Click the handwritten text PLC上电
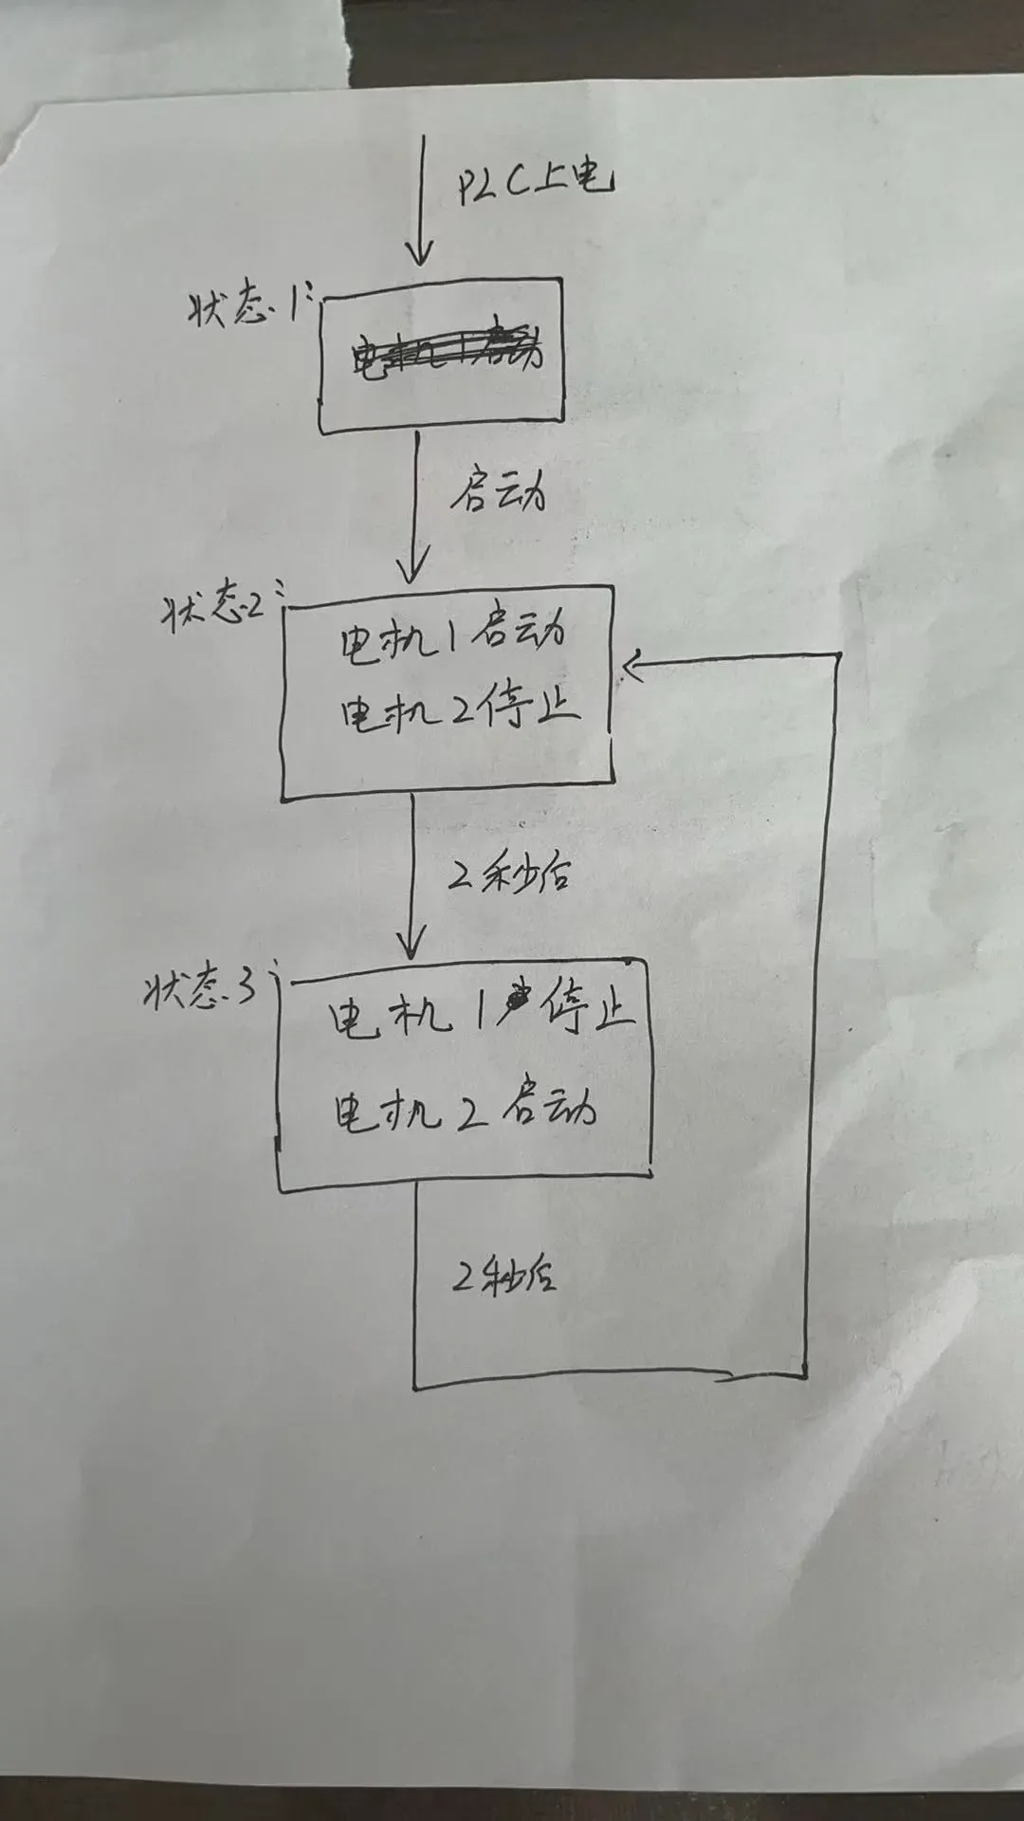[x=534, y=180]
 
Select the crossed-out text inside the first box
[x=446, y=353]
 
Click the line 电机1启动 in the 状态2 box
[x=453, y=635]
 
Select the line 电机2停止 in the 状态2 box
[x=460, y=711]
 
